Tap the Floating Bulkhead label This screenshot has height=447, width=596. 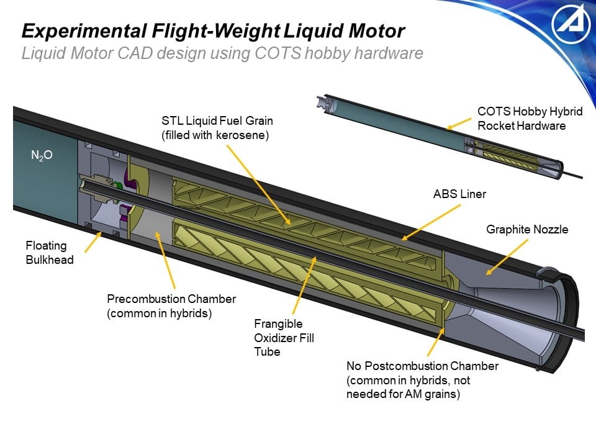point(49,253)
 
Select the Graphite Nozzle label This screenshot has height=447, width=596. point(526,230)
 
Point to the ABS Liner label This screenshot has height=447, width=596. point(459,194)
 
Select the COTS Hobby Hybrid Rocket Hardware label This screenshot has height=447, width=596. point(530,119)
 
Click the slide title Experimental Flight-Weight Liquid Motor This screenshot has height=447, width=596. point(213,30)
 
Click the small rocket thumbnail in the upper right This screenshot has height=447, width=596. point(447,137)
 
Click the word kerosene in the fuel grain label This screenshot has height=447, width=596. point(240,135)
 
